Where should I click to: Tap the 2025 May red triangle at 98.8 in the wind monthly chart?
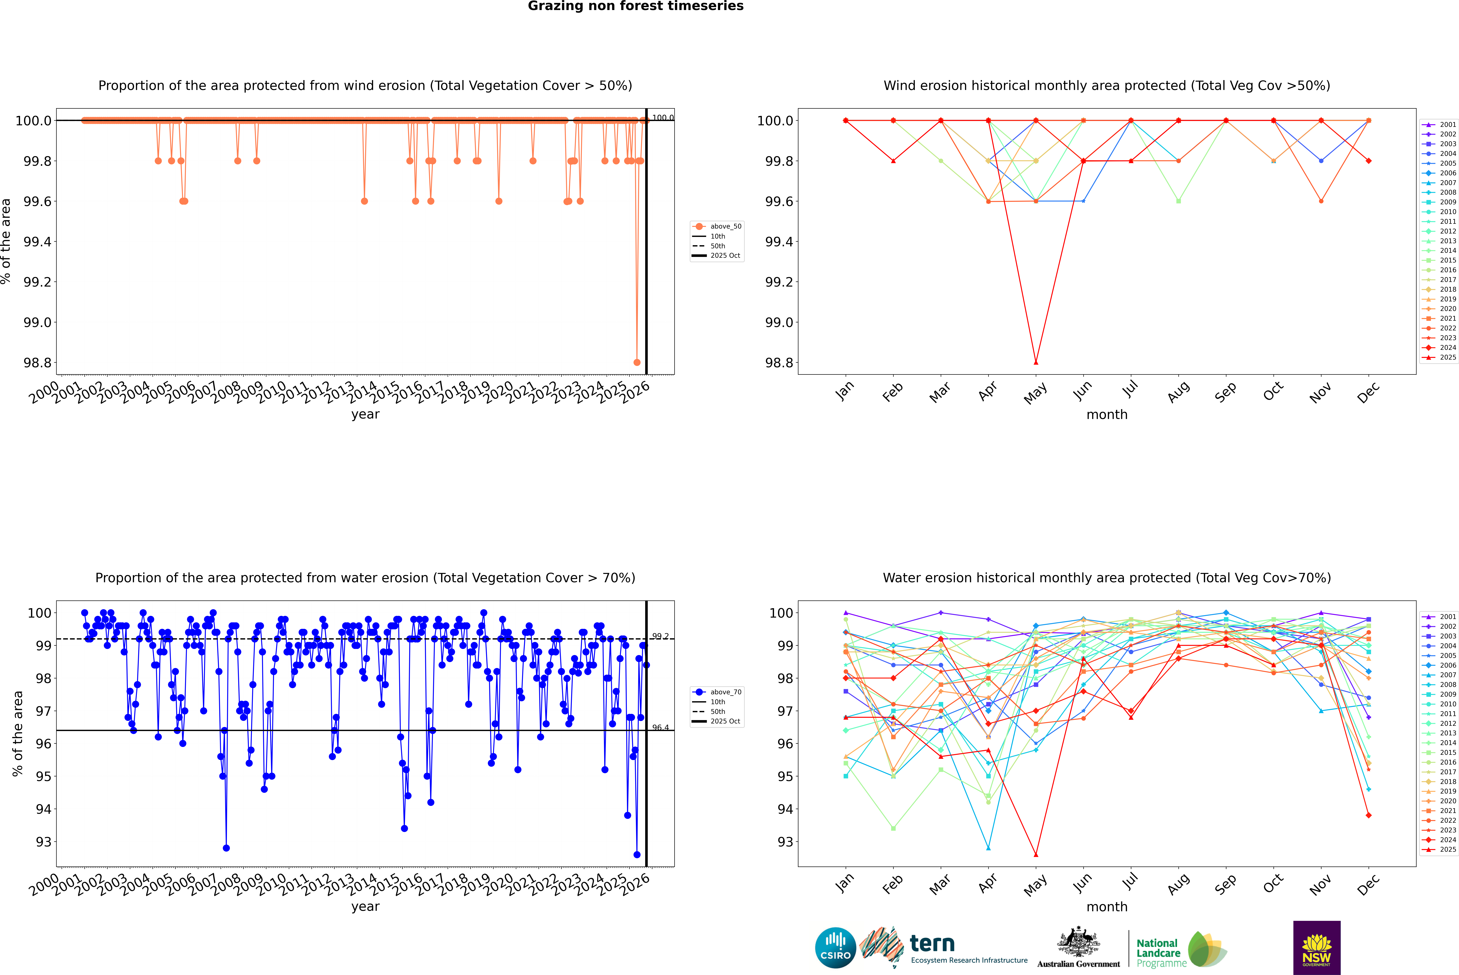click(x=1035, y=362)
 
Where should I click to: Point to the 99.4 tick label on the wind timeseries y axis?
click(x=37, y=242)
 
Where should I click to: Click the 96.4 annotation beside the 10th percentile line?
click(x=660, y=727)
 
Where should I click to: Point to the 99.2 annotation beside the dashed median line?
click(x=660, y=636)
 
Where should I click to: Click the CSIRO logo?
click(x=835, y=948)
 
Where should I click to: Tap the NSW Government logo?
click(x=1317, y=948)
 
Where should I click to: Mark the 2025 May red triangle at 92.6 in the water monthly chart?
click(x=1035, y=854)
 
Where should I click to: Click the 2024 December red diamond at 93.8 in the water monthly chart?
click(x=1368, y=815)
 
